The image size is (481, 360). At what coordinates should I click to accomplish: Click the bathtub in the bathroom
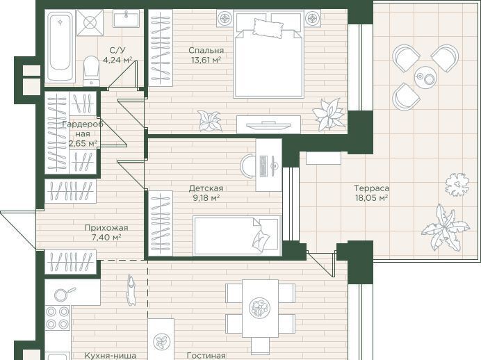click(60, 46)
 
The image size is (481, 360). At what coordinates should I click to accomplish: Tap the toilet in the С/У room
click(91, 71)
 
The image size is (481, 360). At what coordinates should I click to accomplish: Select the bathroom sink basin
click(126, 18)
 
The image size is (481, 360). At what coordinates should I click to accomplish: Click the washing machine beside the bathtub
click(90, 23)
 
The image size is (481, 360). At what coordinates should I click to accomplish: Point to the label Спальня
click(206, 50)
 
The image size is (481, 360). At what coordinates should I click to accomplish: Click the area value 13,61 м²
click(206, 60)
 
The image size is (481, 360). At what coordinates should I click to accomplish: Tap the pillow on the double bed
click(268, 28)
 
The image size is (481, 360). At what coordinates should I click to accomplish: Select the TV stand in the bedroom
click(268, 124)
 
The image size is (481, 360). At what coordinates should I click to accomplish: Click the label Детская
click(206, 188)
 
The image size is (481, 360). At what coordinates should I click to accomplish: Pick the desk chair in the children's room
click(247, 166)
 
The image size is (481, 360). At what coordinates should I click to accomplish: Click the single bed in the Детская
click(237, 236)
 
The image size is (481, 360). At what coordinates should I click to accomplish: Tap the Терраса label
click(371, 188)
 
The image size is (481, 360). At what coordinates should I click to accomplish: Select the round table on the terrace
click(425, 77)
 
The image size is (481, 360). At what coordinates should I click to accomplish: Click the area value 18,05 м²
click(371, 198)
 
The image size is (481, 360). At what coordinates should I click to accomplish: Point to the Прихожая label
click(106, 228)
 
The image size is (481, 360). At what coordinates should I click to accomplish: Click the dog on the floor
click(131, 290)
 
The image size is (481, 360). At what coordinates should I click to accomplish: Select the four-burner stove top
click(58, 318)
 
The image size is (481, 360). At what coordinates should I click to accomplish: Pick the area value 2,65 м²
click(83, 143)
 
